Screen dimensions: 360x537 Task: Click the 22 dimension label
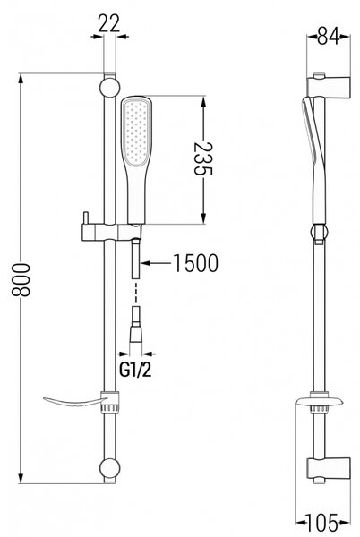pos(109,23)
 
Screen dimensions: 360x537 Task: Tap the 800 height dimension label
pos(21,279)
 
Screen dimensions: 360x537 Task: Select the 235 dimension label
pos(203,158)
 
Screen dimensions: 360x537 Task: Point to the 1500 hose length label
pos(196,263)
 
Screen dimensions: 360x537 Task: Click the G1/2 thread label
pos(135,370)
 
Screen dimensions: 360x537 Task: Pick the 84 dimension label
pos(328,36)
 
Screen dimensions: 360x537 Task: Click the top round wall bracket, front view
pos(109,88)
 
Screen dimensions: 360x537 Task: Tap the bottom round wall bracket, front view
pos(109,468)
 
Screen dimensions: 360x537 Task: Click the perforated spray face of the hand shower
pos(137,132)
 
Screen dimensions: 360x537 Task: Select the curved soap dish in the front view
pos(73,401)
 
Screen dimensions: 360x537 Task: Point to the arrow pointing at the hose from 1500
pos(156,263)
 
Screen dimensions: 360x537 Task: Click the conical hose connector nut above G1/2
pos(135,334)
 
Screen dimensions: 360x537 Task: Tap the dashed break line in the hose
pos(136,292)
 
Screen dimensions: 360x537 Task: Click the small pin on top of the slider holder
pos(85,218)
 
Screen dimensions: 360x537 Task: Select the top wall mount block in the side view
pos(329,86)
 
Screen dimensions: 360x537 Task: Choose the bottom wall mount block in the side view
pos(329,469)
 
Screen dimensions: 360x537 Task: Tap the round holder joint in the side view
pos(319,232)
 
